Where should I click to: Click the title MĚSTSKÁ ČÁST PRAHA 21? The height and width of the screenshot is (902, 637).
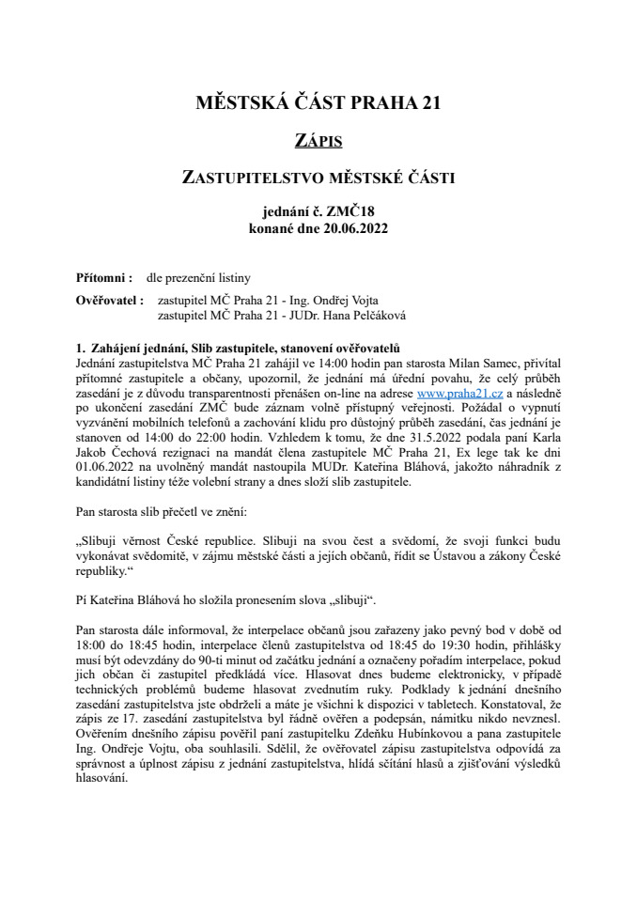[318, 102]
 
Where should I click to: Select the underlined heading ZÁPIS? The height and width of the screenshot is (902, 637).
[318, 141]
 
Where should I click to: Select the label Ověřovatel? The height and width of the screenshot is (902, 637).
[109, 301]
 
